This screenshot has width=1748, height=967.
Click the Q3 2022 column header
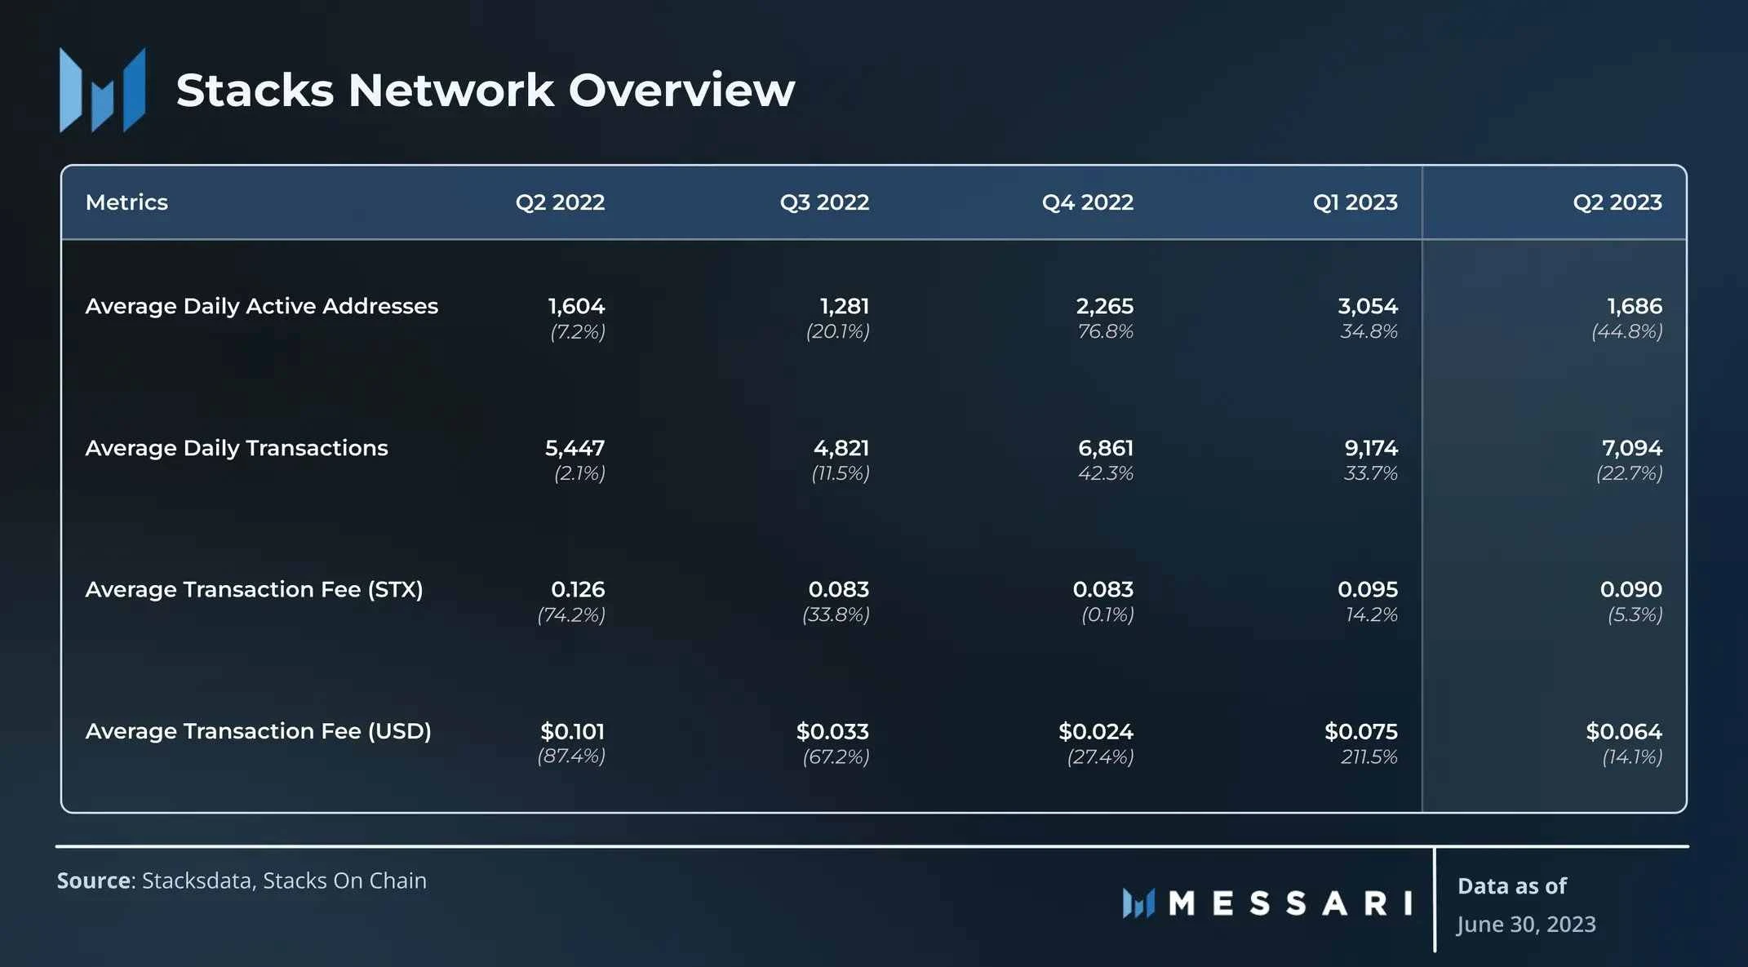pos(824,202)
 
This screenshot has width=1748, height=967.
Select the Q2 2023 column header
pos(1617,202)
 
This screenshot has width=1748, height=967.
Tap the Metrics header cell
pos(126,202)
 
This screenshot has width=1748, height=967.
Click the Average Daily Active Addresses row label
pos(261,306)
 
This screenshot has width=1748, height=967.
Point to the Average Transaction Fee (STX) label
pos(254,589)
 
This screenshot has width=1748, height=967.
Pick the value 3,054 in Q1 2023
pos(1367,306)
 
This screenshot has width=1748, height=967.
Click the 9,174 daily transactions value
pos(1371,448)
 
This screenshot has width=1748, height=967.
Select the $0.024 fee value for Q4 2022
pos(1095,731)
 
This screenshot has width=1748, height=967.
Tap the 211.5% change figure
pos(1369,757)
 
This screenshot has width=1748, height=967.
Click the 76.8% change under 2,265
pos(1105,331)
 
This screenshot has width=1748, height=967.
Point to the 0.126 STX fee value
pos(578,589)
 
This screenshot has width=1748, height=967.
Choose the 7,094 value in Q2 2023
pos(1631,448)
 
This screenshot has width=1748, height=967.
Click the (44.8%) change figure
pos(1626,331)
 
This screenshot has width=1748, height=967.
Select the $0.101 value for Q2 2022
pos(572,731)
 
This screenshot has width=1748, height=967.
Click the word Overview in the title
pos(681,90)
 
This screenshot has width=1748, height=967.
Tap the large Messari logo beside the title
pos(103,90)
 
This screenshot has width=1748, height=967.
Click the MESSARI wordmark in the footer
pos(1289,903)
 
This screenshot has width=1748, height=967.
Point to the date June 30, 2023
pos(1526,924)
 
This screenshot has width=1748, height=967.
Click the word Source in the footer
pos(93,881)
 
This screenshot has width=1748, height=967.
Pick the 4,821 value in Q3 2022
pos(841,448)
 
